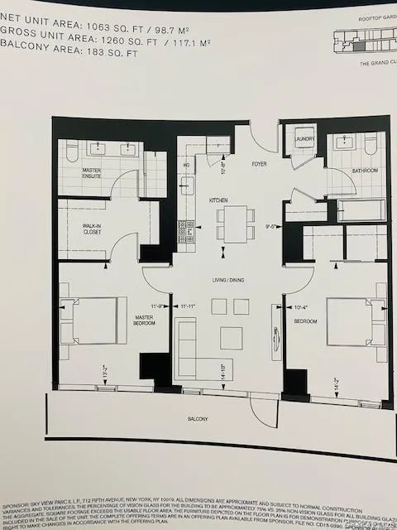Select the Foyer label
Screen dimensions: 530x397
[x=259, y=163]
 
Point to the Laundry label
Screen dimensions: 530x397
[x=304, y=140]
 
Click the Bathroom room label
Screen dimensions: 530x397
[x=364, y=171]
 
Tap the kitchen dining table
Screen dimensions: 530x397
[x=236, y=224]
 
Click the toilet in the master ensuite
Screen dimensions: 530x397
[x=71, y=151]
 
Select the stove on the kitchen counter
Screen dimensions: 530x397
[x=187, y=229]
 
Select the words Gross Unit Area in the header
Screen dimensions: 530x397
[x=43, y=31]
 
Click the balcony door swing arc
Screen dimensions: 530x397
[x=265, y=410]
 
